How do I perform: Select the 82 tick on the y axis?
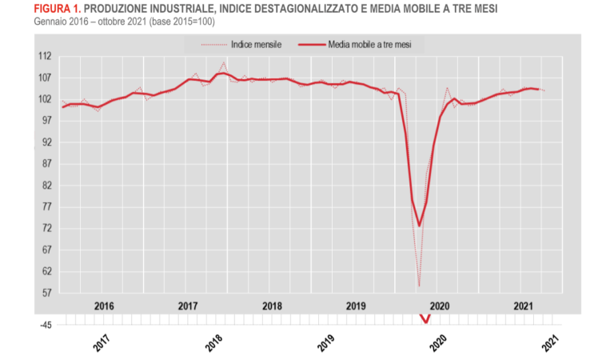tap(46, 186)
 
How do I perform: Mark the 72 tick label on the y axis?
tap(46, 229)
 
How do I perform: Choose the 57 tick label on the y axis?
tap(46, 293)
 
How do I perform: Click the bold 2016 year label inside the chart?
tap(104, 306)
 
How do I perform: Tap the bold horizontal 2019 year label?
tap(355, 306)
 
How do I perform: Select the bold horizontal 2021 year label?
tap(523, 306)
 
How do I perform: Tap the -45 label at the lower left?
tap(46, 326)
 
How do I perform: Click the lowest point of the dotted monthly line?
tap(419, 286)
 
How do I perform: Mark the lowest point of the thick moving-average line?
tap(419, 226)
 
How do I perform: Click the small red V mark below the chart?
tap(426, 320)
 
